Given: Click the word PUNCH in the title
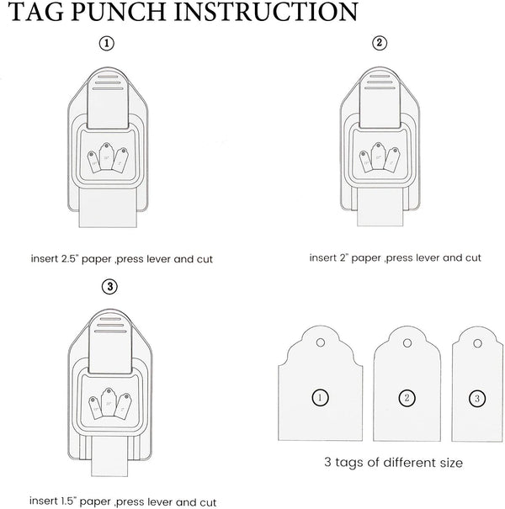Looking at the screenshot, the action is click(119, 12).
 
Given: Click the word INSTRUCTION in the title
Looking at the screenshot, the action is click(266, 12).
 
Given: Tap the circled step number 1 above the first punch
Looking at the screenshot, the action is click(107, 44).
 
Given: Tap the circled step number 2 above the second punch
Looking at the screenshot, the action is click(380, 43).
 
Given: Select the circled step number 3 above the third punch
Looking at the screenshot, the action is click(109, 287).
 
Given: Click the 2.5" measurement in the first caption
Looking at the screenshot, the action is click(70, 259).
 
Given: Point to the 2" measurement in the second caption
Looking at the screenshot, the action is click(344, 257).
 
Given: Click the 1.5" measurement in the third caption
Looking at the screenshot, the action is click(68, 501).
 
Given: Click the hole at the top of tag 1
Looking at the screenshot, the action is click(321, 342).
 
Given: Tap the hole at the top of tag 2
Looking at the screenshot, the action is click(407, 343).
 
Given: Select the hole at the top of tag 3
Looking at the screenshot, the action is click(477, 343).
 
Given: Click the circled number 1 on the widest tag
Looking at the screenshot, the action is click(320, 398).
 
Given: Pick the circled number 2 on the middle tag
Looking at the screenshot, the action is click(407, 398).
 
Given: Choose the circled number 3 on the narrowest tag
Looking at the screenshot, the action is click(477, 399).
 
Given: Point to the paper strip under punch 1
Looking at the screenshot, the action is click(108, 209).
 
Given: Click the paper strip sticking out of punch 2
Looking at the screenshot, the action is click(380, 207).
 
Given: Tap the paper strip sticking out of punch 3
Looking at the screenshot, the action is click(109, 456).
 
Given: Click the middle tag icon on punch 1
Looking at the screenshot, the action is click(106, 156).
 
